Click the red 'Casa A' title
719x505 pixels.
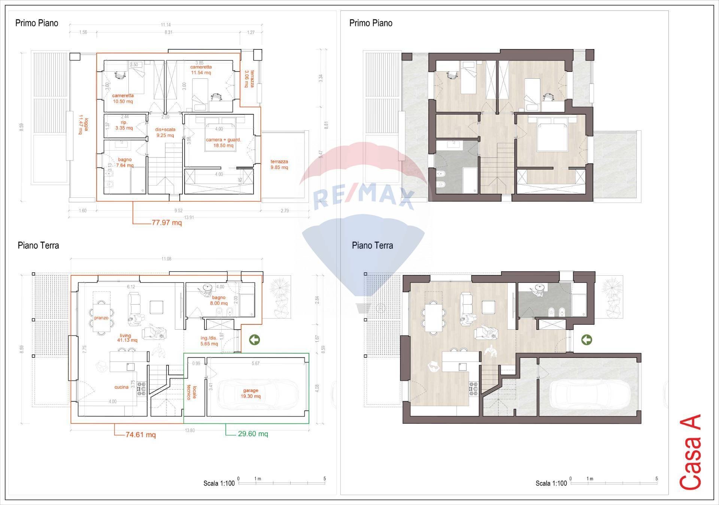pos(690,457)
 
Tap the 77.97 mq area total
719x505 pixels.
pos(166,223)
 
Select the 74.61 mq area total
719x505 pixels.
pos(140,435)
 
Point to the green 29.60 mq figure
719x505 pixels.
pos(253,434)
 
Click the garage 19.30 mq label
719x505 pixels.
pos(251,393)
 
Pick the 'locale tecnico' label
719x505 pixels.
pos(192,392)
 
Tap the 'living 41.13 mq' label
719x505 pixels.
pos(127,338)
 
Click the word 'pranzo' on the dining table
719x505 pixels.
pos(101,318)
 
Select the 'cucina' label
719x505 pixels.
pos(121,387)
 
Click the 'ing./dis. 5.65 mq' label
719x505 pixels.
pos(209,341)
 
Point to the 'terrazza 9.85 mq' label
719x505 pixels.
pos(279,164)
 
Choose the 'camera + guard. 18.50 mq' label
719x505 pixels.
pos(223,143)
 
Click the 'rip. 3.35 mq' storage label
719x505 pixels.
pos(124,125)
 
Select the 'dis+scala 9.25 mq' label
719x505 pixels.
pos(165,132)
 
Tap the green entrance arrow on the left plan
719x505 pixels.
pos(254,340)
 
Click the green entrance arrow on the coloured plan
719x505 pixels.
pos(586,340)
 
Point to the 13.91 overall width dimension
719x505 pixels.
pos(189,217)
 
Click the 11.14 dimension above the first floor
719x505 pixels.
pos(166,25)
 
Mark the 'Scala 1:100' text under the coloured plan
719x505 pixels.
pos(551,483)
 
